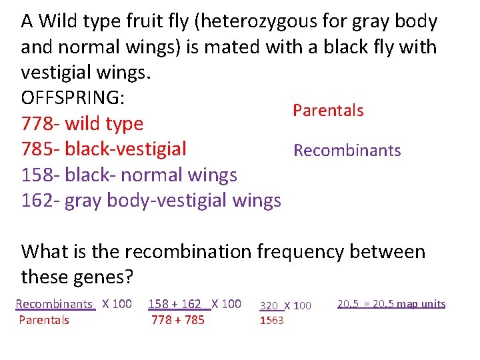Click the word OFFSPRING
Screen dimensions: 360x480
72,97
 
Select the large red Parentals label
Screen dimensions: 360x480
328,111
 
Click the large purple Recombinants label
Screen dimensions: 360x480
347,151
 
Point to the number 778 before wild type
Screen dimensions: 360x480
37,123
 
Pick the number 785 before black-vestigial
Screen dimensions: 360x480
37,149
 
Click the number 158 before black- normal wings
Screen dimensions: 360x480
37,175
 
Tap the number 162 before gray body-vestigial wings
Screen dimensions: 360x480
37,200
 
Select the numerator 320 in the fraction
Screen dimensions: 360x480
269,306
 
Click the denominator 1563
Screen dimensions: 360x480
271,321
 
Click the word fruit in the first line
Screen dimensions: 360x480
149,22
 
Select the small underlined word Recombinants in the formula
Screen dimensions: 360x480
54,304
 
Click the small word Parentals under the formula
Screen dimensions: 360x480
44,320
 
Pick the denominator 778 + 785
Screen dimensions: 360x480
178,320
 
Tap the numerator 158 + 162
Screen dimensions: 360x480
175,304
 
